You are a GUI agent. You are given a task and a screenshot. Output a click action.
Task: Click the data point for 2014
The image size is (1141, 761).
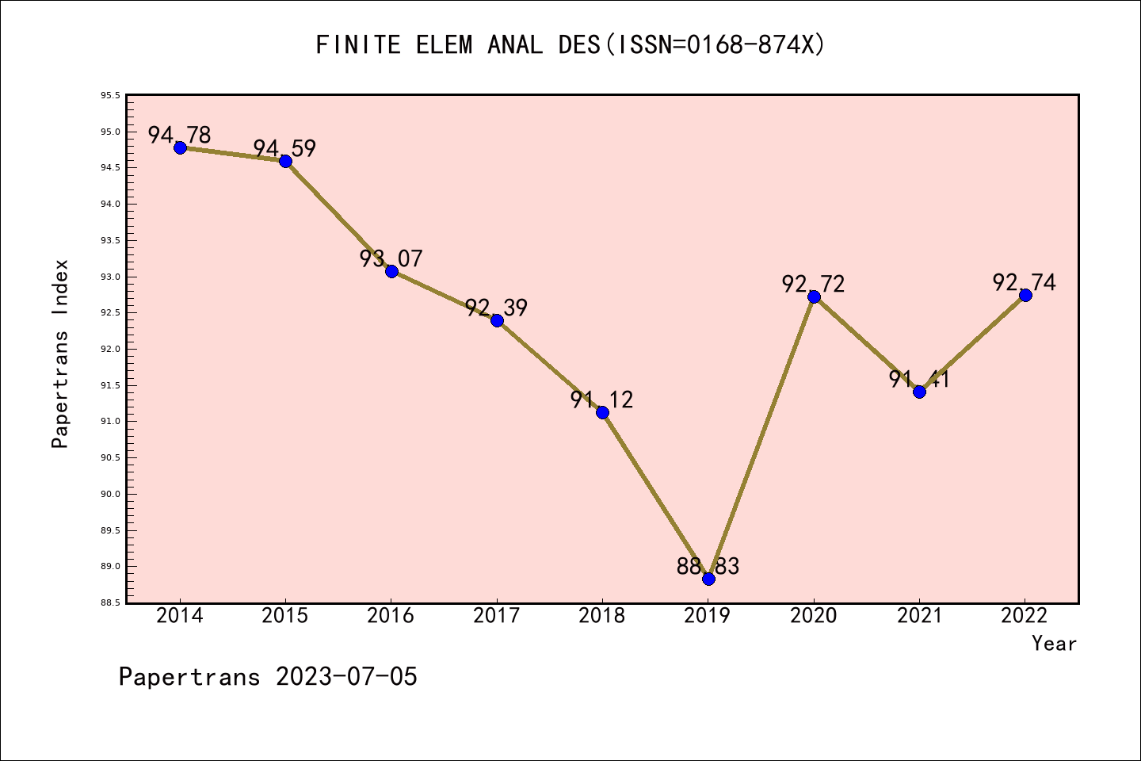click(x=180, y=147)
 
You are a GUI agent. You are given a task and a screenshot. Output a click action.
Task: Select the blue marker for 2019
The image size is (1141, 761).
click(x=708, y=579)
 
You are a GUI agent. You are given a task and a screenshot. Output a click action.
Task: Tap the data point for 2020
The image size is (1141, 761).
click(x=814, y=296)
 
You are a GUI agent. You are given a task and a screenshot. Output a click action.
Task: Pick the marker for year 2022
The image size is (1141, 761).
click(x=1025, y=295)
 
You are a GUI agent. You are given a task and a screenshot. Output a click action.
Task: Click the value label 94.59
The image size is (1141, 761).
click(x=284, y=148)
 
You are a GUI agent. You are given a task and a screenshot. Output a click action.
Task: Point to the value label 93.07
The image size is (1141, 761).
click(x=391, y=258)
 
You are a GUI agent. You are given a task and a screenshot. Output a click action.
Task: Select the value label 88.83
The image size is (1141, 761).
click(x=708, y=566)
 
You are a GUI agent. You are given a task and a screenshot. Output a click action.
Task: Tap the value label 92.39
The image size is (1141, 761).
click(x=496, y=308)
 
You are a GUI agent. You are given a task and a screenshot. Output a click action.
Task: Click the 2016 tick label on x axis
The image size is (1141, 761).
click(x=391, y=616)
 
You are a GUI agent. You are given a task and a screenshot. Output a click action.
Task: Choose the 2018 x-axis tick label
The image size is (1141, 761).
click(x=602, y=616)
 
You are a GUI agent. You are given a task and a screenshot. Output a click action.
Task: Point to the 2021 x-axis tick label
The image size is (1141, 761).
click(x=919, y=616)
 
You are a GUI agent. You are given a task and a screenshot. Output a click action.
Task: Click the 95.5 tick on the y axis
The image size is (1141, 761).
click(x=110, y=96)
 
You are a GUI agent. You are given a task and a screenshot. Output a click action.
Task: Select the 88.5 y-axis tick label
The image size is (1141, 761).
click(x=110, y=603)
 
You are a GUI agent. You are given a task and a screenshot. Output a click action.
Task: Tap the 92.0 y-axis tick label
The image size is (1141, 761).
click(x=110, y=349)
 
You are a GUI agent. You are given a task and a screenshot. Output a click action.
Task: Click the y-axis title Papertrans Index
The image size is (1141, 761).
click(x=60, y=354)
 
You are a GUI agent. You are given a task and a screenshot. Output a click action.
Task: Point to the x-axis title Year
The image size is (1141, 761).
click(x=1054, y=644)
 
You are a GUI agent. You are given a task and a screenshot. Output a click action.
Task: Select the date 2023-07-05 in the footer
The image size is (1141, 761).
click(x=346, y=677)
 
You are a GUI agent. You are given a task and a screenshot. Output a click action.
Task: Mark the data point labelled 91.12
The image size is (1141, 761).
click(x=602, y=412)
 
